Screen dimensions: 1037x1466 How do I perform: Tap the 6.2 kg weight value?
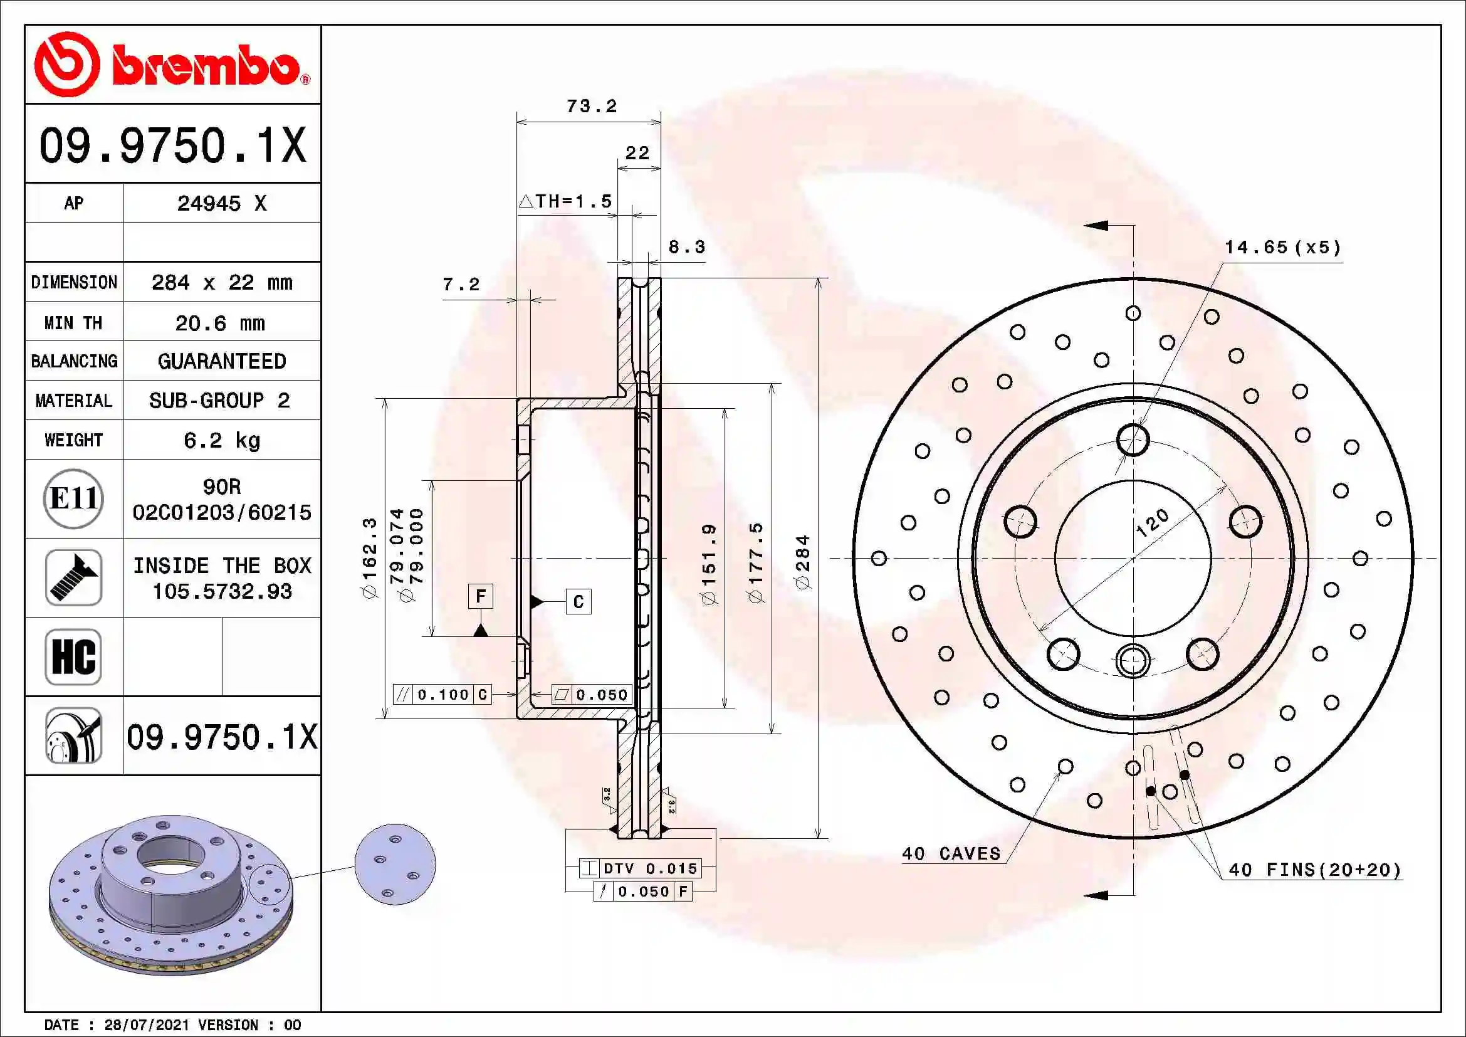221,441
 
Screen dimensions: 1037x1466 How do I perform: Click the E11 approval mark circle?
73,498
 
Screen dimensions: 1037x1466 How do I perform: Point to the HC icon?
73,656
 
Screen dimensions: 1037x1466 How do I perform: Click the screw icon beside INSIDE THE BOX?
73,578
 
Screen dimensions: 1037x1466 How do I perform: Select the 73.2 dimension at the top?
592,106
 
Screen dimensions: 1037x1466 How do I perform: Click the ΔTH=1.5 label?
566,202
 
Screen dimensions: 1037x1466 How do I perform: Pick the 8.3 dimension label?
686,247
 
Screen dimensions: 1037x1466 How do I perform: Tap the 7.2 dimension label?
461,284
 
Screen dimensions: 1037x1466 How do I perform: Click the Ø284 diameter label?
803,562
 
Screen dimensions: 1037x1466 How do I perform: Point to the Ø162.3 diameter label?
370,558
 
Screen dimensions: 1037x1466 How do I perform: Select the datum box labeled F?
481,596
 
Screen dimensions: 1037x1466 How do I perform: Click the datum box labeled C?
579,602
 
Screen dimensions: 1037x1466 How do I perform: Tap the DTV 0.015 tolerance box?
641,868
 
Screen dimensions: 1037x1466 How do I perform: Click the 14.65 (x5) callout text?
1283,248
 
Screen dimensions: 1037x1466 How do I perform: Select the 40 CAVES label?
951,854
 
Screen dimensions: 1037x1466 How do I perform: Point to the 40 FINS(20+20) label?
1315,870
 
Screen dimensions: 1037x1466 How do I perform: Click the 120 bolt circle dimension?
1153,523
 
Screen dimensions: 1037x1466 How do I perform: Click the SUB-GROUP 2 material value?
220,401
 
